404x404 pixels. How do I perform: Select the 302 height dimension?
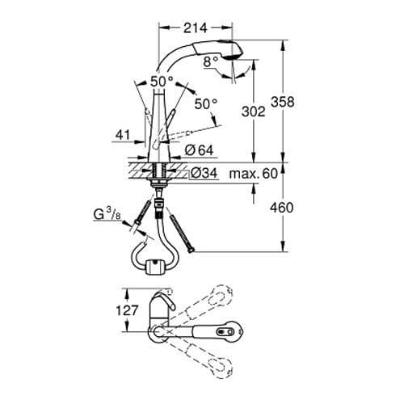(254, 112)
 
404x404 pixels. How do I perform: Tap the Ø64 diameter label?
(199, 149)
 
